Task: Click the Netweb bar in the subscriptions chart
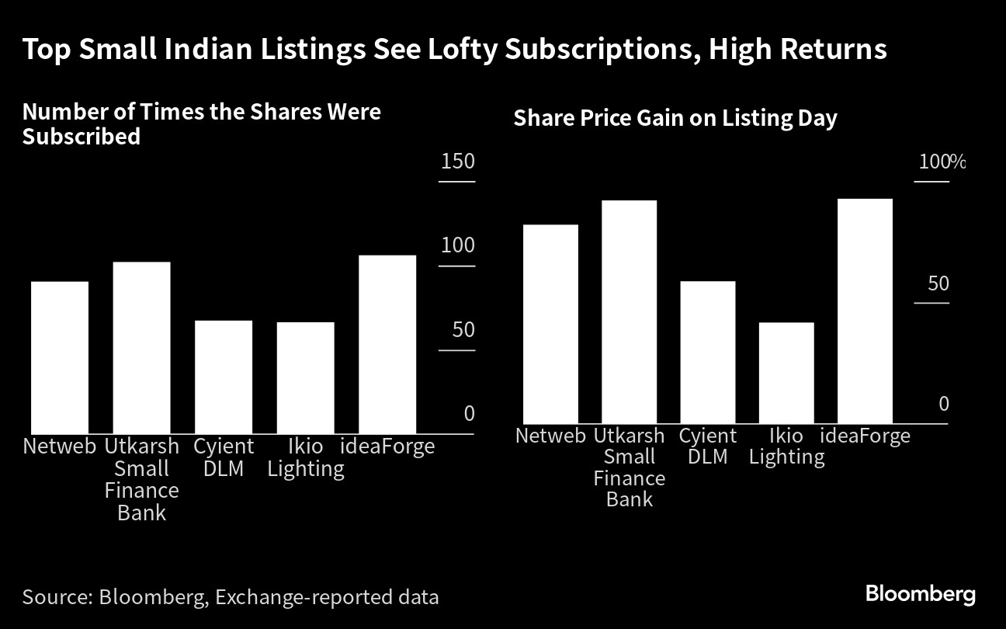pos(60,357)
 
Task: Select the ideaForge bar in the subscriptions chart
pos(387,344)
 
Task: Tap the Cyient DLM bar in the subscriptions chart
pos(224,377)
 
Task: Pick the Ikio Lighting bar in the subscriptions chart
pos(305,377)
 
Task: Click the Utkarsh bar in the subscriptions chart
pos(141,347)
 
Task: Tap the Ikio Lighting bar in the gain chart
pos(786,373)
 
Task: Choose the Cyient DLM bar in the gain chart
pos(707,352)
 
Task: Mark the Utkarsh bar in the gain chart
pos(630,311)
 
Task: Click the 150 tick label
pos(457,162)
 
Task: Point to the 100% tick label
pos(942,162)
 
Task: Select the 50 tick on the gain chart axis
pos(938,283)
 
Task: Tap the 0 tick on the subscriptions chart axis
pos(469,414)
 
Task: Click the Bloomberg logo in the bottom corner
pos(921,595)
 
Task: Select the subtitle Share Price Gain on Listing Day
pos(675,119)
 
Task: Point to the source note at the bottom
pos(231,597)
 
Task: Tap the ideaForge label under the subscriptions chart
pos(388,447)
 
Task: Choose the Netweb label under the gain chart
pos(550,436)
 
